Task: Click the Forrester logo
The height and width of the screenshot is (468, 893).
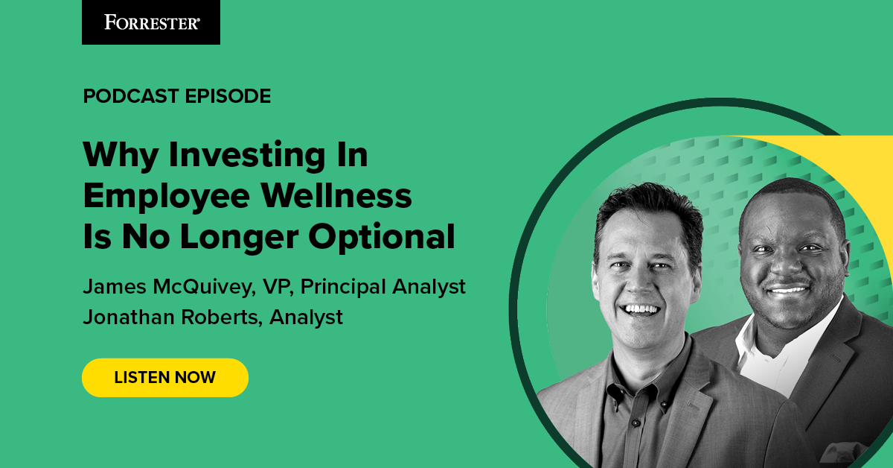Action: [x=151, y=22]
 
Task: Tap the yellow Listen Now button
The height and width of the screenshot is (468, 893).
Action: [x=164, y=377]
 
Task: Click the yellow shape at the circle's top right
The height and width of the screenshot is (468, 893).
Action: [x=833, y=160]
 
